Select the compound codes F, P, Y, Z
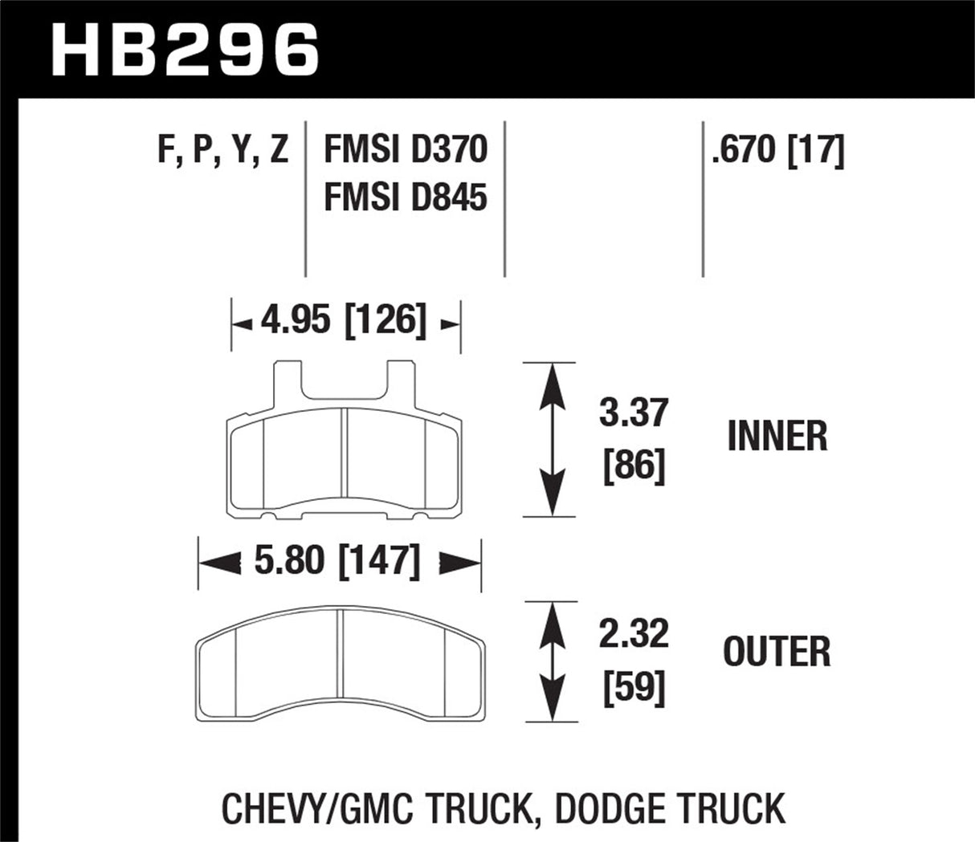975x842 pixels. click(x=223, y=150)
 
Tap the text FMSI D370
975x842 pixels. click(x=405, y=150)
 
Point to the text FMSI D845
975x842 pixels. click(x=405, y=197)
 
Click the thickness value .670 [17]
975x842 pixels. click(x=777, y=150)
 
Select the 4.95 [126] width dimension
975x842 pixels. click(x=344, y=323)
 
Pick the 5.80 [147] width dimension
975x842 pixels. click(x=337, y=563)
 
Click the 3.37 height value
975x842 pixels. click(x=634, y=413)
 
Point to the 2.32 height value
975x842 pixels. click(x=634, y=635)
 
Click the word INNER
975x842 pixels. click(x=777, y=437)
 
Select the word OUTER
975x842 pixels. click(x=777, y=651)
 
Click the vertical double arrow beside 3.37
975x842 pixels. click(x=550, y=439)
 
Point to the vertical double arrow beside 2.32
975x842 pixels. click(x=550, y=661)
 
